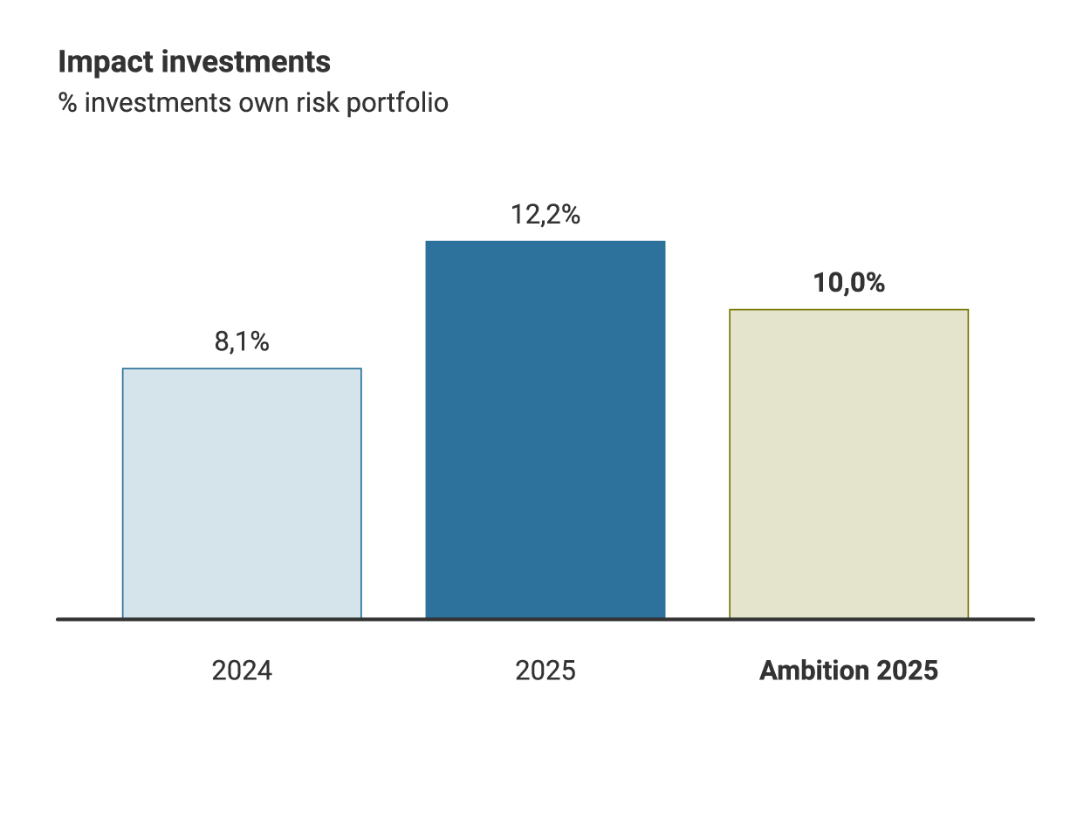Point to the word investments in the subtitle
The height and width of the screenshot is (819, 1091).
pyautogui.click(x=158, y=103)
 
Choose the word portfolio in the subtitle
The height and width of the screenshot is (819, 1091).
pyautogui.click(x=398, y=103)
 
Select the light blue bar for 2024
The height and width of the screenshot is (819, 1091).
pyautogui.click(x=242, y=493)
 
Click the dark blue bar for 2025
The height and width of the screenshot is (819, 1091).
pyautogui.click(x=545, y=430)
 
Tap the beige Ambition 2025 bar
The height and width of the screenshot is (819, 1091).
pyautogui.click(x=848, y=464)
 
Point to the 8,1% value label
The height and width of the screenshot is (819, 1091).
pyautogui.click(x=242, y=342)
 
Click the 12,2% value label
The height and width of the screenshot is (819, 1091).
pyautogui.click(x=545, y=215)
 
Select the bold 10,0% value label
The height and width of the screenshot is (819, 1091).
pyautogui.click(x=848, y=284)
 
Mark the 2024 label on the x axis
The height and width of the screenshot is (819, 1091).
pyautogui.click(x=242, y=671)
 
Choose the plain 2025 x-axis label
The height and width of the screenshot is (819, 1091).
pyautogui.click(x=545, y=671)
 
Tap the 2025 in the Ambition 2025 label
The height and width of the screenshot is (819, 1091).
pyautogui.click(x=907, y=671)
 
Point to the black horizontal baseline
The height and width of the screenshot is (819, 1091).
pyautogui.click(x=545, y=619)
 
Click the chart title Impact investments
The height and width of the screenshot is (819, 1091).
pyautogui.click(x=194, y=63)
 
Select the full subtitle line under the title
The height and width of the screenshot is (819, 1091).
pyautogui.click(x=253, y=103)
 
